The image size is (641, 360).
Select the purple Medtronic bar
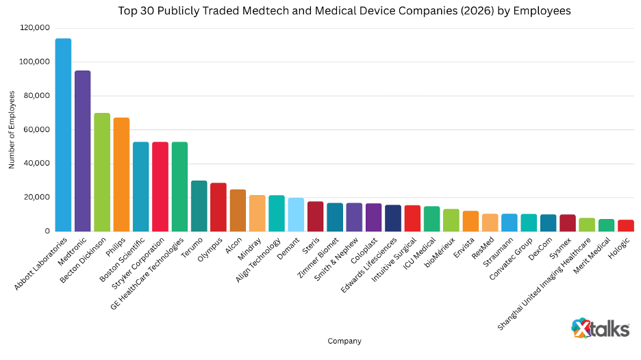click(x=82, y=151)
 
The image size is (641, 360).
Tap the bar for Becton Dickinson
click(x=102, y=172)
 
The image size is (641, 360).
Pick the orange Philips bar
click(x=121, y=175)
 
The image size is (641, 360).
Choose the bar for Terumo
click(x=199, y=206)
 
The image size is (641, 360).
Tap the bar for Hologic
click(x=626, y=225)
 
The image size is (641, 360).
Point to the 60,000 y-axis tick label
click(x=36, y=130)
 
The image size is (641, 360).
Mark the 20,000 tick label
click(x=36, y=198)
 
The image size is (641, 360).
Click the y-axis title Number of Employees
click(x=12, y=130)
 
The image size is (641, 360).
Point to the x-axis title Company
click(x=344, y=341)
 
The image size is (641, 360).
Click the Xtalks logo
click(x=600, y=329)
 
